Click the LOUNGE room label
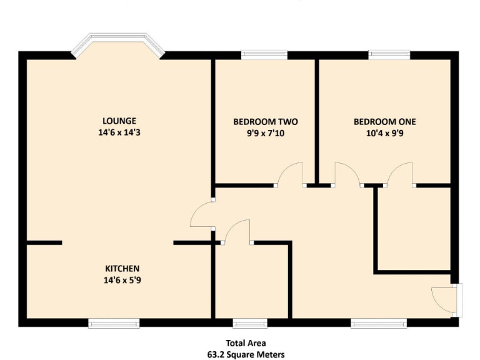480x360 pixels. (x=119, y=121)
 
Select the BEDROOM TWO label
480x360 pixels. (x=265, y=121)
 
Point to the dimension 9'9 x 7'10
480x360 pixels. (x=265, y=133)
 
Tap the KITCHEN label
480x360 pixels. (x=122, y=269)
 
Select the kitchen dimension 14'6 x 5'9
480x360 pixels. (x=122, y=281)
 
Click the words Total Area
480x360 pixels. (x=246, y=342)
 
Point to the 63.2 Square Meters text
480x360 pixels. (x=246, y=354)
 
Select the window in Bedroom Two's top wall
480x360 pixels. (x=264, y=55)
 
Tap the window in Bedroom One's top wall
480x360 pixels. (x=389, y=55)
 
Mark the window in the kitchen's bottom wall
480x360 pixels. (x=114, y=322)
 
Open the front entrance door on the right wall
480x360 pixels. (x=447, y=299)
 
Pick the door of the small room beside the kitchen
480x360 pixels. (x=237, y=231)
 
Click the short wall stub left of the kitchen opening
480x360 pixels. (x=44, y=242)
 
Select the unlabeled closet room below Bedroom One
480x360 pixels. (x=413, y=227)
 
